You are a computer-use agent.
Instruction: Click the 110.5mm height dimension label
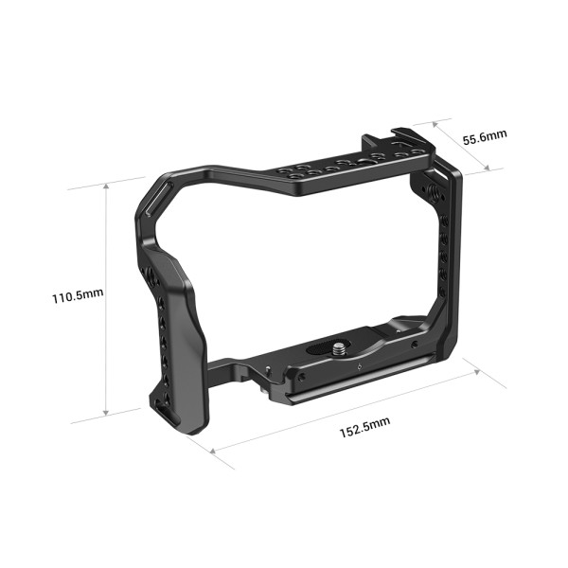[x=78, y=295]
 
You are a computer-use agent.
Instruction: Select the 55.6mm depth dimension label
[x=485, y=136]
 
